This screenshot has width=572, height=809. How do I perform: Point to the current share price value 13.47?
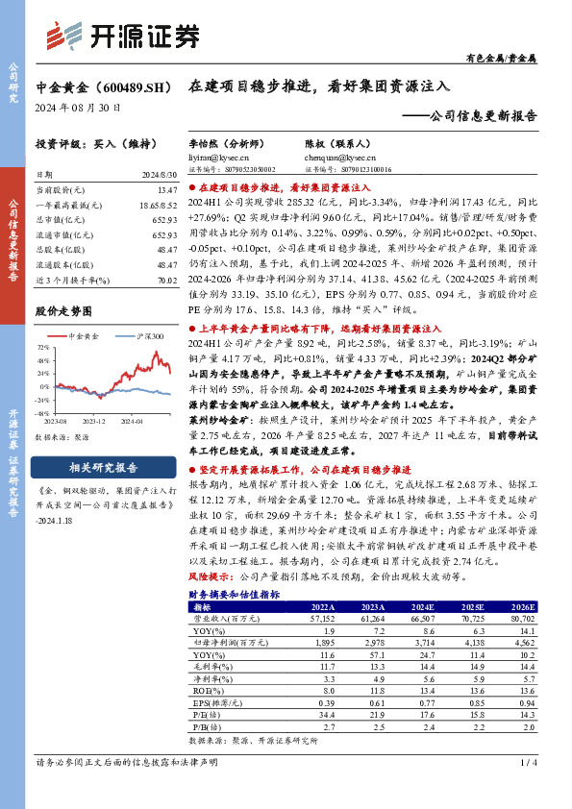pyautogui.click(x=166, y=191)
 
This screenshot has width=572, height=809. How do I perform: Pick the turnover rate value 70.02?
pyautogui.click(x=165, y=280)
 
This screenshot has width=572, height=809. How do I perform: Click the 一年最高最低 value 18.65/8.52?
pyautogui.click(x=158, y=207)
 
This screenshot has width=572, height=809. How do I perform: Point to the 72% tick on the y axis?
pyautogui.click(x=45, y=348)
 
